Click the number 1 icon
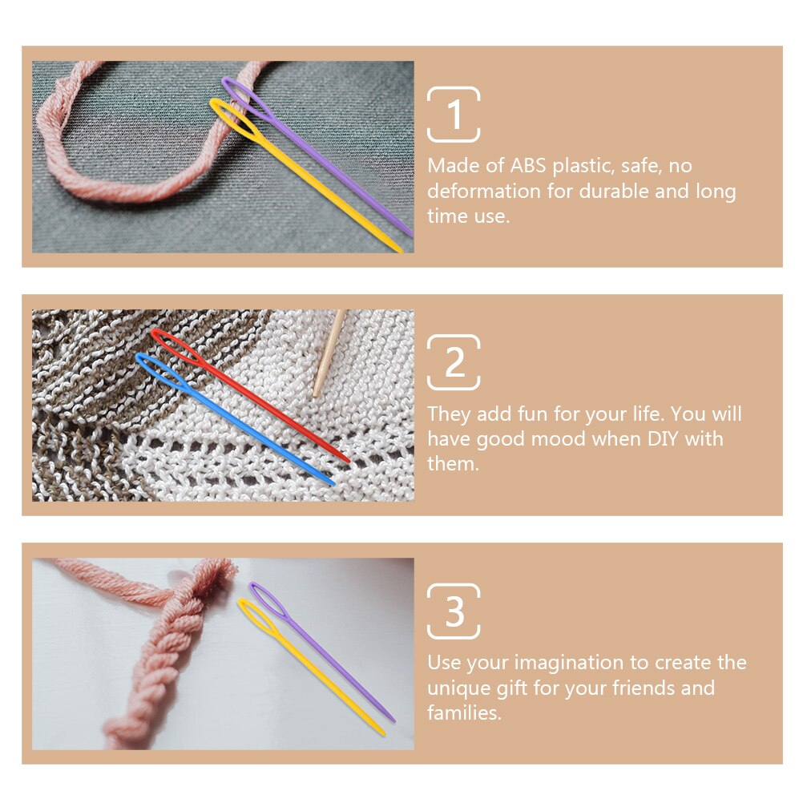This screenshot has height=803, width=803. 454,115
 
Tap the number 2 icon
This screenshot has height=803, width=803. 454,362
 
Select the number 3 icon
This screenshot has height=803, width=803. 454,611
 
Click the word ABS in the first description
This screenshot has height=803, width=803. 528,166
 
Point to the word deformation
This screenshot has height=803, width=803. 484,191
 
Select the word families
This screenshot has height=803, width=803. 464,712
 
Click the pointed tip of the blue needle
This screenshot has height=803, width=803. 333,483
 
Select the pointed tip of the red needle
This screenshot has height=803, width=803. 349,460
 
